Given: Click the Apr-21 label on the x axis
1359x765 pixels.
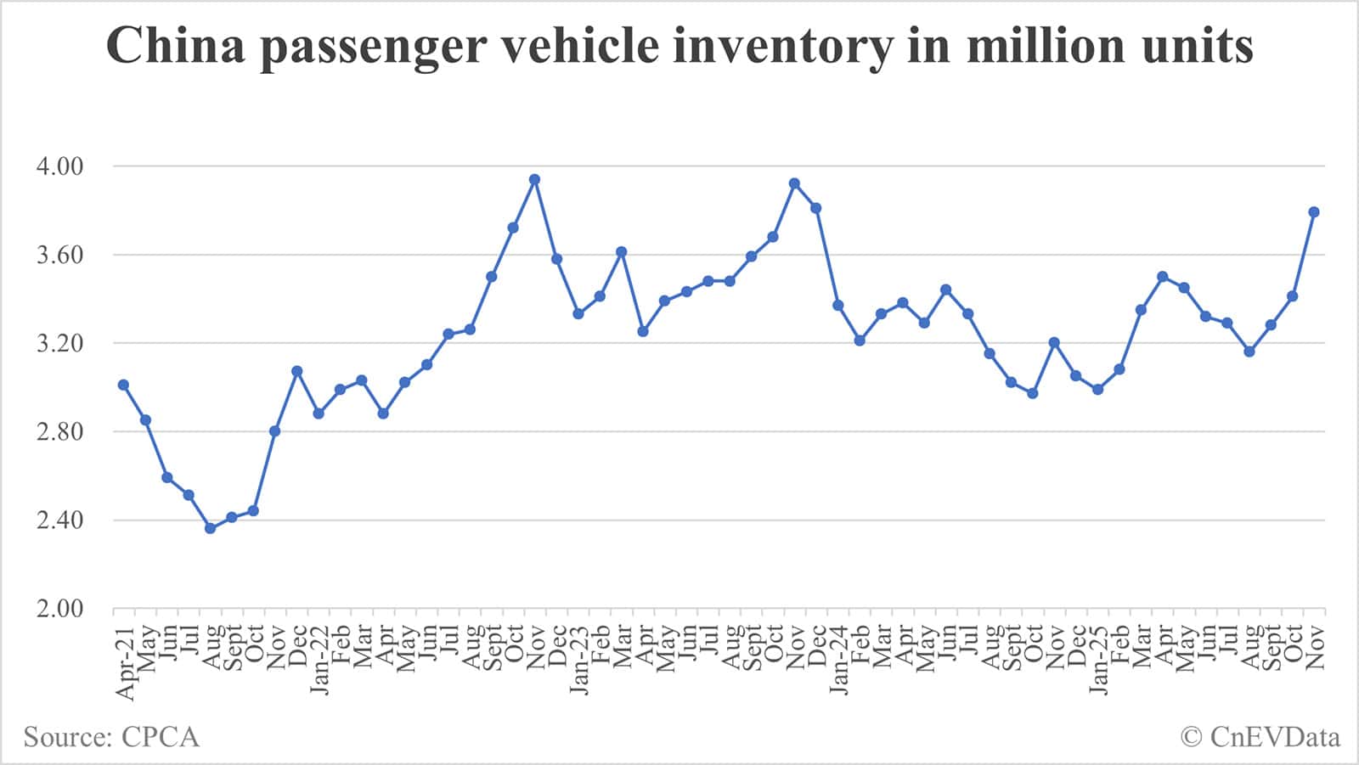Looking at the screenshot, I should pos(125,662).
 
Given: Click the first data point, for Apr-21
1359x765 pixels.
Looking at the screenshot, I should pos(123,385).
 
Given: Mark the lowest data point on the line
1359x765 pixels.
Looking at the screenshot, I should pos(210,528).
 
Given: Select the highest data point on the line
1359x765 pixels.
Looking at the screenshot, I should pos(534,179).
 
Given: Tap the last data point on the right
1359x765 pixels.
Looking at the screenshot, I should pos(1313,212).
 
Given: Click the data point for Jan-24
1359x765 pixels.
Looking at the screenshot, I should pos(837,305).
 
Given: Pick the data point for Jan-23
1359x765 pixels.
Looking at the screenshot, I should pos(578,313).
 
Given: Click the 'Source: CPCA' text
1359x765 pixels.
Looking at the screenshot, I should pos(111,736).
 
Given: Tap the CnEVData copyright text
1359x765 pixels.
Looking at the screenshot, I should pos(1260,736).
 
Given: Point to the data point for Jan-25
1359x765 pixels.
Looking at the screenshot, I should pos(1097,389).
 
